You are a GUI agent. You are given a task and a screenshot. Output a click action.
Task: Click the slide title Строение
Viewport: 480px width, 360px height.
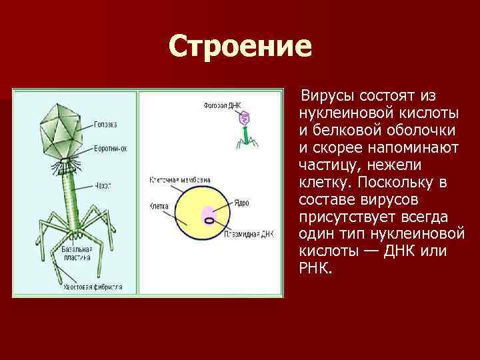point(240,47)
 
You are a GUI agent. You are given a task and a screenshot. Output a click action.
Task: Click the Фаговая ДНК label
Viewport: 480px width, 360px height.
point(223,105)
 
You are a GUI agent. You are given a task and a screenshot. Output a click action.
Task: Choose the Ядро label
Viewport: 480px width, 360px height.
point(242,201)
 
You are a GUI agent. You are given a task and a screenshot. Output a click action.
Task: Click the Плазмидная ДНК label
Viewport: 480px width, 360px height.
point(251,235)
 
